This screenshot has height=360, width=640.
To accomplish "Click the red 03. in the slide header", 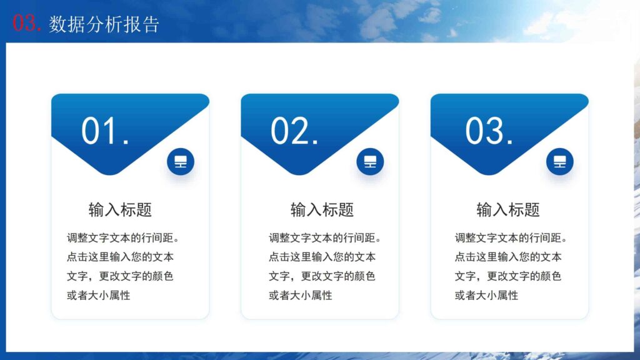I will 27,23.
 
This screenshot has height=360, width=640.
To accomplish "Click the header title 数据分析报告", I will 104,24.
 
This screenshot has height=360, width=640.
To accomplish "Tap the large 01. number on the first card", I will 105,131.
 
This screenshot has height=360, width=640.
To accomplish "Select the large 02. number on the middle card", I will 294,131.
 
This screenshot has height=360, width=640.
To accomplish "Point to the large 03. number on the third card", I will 489,131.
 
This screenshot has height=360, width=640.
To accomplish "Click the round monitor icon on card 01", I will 181,162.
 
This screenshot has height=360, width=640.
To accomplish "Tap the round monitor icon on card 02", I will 370,162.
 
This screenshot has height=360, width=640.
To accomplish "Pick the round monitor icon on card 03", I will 559,162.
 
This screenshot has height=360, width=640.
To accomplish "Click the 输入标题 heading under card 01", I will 120,210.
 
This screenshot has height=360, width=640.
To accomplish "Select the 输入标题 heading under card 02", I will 322,210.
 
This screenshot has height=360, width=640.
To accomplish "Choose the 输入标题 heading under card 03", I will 507,210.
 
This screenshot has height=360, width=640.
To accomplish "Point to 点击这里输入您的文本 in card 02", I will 322,257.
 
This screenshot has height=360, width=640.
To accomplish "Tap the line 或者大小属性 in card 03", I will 486,296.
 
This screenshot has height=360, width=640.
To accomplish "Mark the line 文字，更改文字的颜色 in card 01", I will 120,276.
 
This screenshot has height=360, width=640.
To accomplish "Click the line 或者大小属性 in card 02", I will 300,296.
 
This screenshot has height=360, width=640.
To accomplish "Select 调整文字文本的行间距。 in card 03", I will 511,238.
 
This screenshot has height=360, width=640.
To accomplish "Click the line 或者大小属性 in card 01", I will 98,296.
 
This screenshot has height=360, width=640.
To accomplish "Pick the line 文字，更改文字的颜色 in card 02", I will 322,276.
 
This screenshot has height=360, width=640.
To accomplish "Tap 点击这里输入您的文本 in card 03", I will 507,257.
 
